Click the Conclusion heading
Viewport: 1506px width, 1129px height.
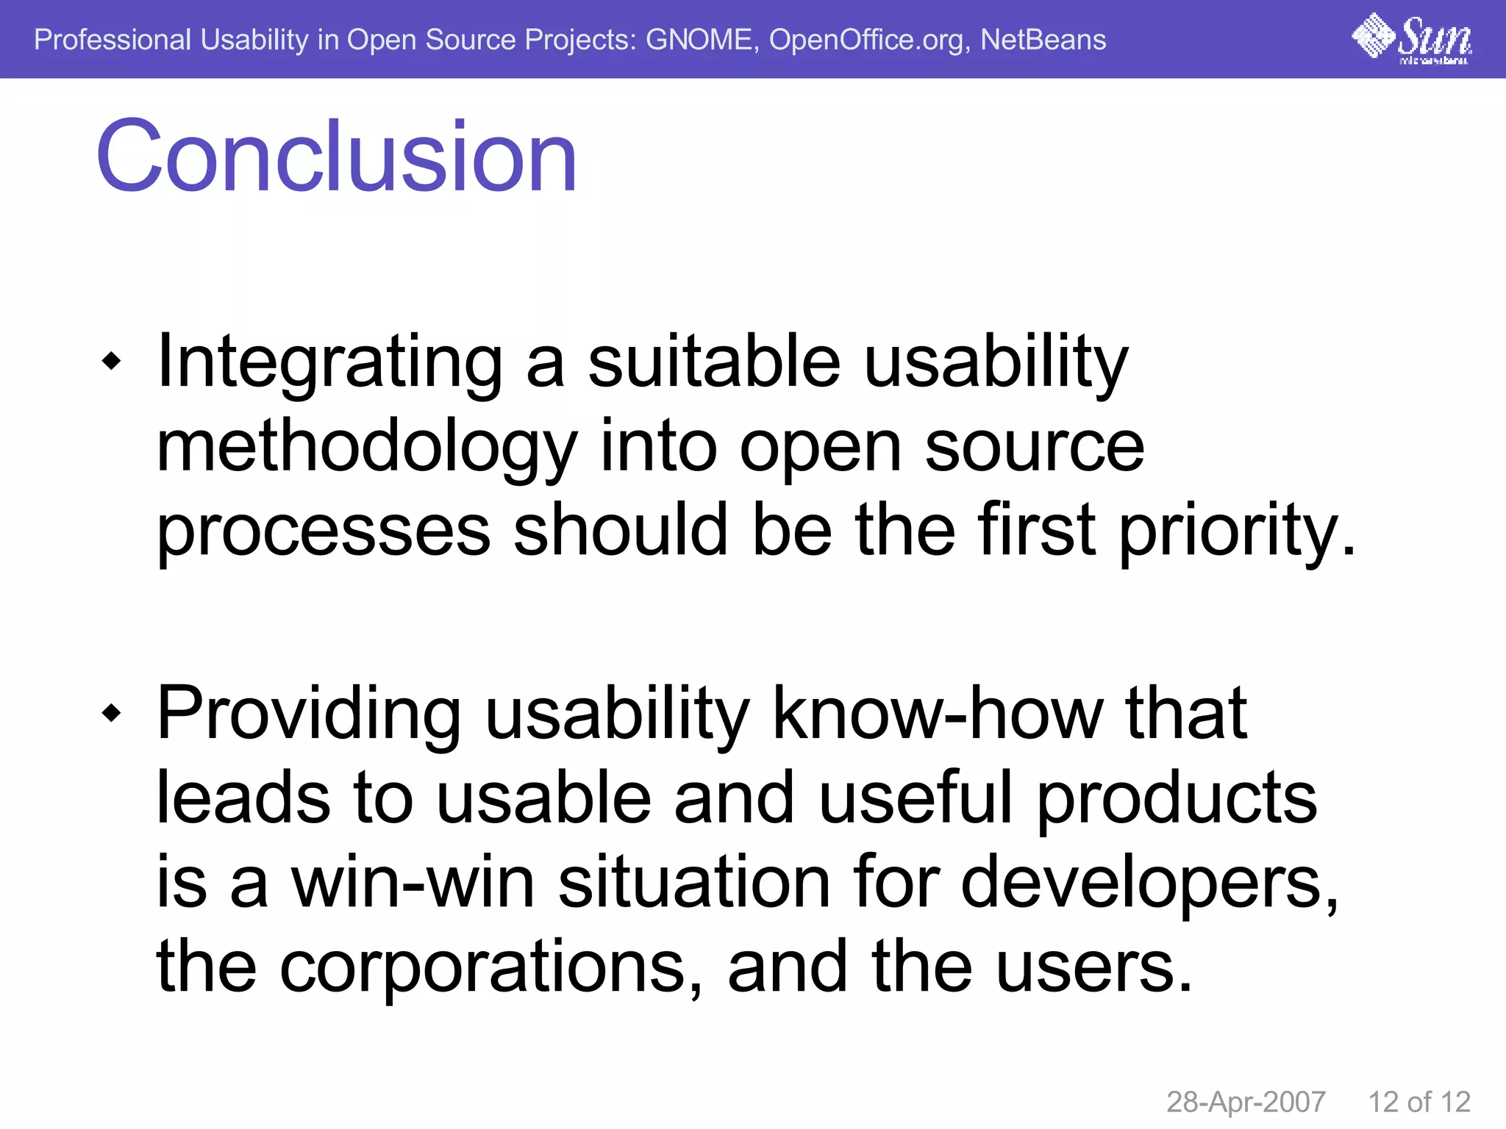(336, 157)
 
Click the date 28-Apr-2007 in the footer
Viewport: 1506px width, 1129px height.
(1246, 1102)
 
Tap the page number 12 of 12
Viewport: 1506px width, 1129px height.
(1418, 1102)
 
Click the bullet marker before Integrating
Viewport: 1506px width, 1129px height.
(111, 361)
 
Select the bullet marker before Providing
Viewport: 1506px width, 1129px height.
(111, 712)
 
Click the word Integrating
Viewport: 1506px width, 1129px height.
(329, 362)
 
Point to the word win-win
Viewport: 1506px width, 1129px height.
(413, 881)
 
